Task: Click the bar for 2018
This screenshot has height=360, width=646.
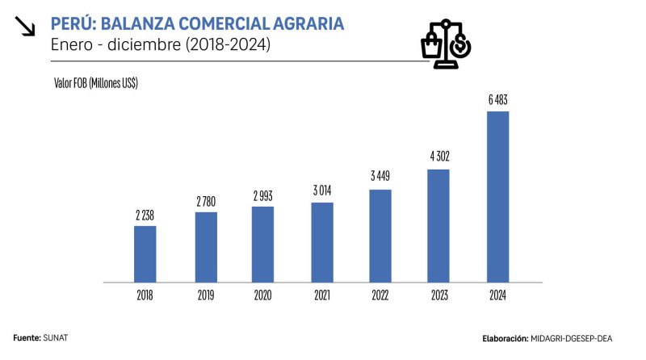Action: (x=145, y=254)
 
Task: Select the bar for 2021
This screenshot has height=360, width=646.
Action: (x=321, y=242)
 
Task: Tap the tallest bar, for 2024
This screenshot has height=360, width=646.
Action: (x=497, y=197)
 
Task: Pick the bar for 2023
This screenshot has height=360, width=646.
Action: (x=438, y=226)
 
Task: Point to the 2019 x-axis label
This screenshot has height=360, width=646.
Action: (x=205, y=295)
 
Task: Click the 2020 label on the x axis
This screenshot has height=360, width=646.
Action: (x=263, y=295)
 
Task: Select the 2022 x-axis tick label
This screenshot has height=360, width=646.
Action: (x=380, y=295)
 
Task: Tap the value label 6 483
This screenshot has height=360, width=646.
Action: (x=497, y=101)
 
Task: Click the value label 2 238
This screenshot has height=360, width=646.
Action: (x=145, y=216)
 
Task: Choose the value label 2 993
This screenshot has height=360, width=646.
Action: (x=263, y=196)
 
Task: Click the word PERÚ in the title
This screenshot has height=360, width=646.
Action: (x=73, y=24)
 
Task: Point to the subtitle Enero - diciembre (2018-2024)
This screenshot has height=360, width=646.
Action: (x=160, y=45)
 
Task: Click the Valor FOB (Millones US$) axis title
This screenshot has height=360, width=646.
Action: (x=96, y=83)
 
